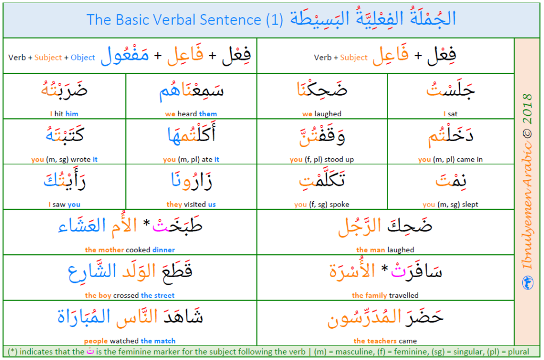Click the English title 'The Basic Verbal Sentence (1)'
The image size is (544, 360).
(184, 20)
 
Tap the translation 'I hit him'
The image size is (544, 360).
(64, 114)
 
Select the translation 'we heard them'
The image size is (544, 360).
(191, 114)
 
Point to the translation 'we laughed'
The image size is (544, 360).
(321, 114)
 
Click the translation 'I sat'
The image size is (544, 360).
(450, 114)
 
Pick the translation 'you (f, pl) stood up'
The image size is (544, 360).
(321, 159)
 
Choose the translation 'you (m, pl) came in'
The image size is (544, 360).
(450, 159)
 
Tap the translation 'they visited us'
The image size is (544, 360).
(191, 204)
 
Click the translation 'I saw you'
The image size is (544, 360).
(64, 204)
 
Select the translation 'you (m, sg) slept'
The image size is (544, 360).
(450, 204)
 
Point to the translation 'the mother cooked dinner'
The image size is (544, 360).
(130, 250)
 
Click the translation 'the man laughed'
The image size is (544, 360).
(385, 250)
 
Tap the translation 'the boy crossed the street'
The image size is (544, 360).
(130, 295)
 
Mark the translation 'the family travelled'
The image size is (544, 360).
(385, 295)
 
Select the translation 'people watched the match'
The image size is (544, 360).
(130, 341)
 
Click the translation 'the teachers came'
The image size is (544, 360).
(385, 341)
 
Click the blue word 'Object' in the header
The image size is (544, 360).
(83, 57)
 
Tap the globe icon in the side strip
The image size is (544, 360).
(528, 282)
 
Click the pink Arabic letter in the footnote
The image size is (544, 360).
(90, 350)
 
